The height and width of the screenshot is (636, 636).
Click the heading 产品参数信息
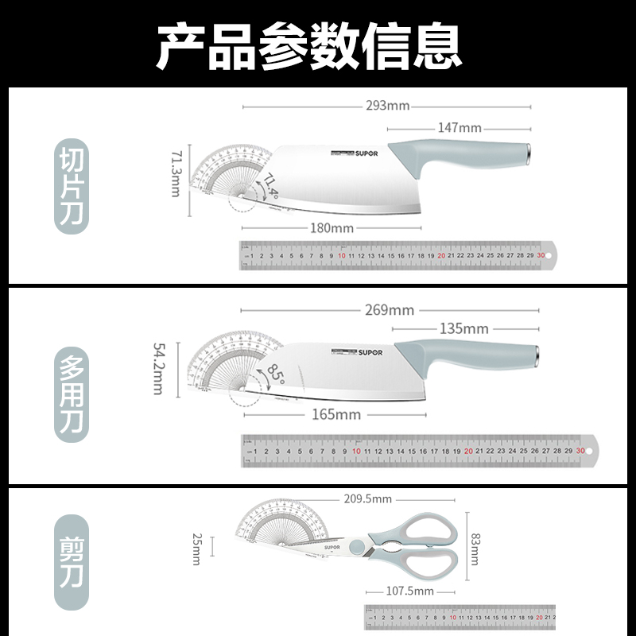308,46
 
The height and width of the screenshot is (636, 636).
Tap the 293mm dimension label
387,106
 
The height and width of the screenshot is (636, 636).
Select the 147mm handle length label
460,127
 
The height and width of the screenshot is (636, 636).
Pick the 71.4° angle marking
272,186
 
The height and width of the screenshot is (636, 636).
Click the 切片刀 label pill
71,186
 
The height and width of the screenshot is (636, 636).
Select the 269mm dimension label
390,310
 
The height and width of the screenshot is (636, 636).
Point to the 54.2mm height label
159,368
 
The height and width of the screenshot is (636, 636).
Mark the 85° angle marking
276,371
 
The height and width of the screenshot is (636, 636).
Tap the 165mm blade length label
336,414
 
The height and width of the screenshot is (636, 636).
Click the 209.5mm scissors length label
368,499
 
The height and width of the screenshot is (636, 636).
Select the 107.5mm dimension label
411,591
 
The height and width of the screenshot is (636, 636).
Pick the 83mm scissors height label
475,549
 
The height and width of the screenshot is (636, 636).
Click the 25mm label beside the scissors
196,549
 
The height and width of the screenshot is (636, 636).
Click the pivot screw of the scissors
359,547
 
